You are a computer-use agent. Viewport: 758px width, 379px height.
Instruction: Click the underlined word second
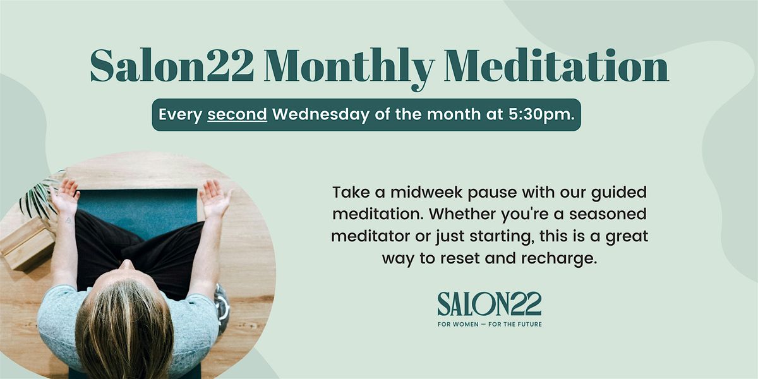coord(237,116)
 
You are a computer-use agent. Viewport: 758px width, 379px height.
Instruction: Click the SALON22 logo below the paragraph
coord(490,304)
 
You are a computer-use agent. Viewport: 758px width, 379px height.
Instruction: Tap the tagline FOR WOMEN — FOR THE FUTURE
coord(490,325)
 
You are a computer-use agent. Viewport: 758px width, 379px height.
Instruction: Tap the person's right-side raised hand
coord(215,198)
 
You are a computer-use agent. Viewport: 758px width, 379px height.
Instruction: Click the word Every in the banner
coord(181,116)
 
